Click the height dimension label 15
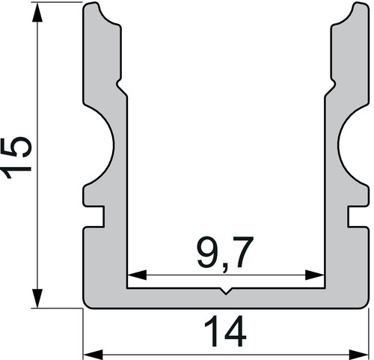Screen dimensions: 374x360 [x=16, y=158]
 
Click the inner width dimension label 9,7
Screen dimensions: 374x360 [x=225, y=254]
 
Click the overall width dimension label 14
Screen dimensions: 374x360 [x=225, y=332]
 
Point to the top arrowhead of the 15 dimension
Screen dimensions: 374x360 [x=37, y=13]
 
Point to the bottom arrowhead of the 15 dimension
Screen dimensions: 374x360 [x=37, y=298]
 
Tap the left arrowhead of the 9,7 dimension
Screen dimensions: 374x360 [x=137, y=275]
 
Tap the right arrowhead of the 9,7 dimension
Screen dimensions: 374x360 [x=315, y=275]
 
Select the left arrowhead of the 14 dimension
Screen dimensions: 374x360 [x=93, y=355]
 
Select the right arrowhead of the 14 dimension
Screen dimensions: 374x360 [x=358, y=355]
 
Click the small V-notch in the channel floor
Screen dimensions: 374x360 [x=226, y=291]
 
